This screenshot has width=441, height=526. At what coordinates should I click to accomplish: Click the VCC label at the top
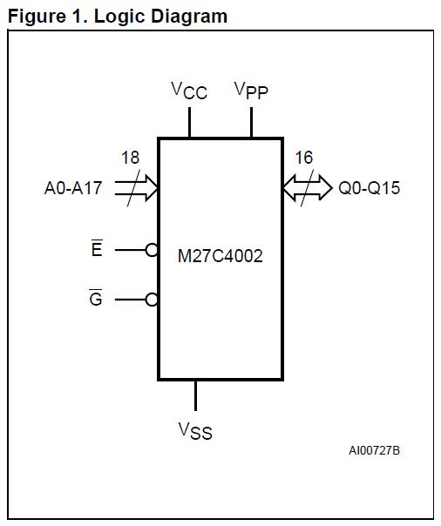tap(189, 91)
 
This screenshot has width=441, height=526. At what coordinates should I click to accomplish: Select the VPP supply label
tap(251, 91)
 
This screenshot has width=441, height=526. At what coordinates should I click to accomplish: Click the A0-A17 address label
tap(73, 187)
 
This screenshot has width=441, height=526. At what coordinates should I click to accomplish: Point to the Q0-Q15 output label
tap(370, 187)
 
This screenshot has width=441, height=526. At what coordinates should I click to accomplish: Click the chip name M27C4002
tap(220, 257)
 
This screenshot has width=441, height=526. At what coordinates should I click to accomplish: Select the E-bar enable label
tap(97, 250)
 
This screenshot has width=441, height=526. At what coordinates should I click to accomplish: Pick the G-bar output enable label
tap(96, 300)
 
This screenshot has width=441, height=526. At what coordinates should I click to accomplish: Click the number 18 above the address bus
tap(130, 158)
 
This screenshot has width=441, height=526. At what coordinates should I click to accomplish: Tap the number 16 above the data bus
tap(303, 158)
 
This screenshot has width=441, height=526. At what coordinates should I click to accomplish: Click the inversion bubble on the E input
tap(153, 250)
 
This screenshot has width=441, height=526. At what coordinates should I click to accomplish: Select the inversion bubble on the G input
tap(153, 300)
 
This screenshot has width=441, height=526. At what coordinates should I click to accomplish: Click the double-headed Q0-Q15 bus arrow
tap(307, 187)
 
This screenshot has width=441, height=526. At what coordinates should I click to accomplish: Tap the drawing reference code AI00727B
tap(375, 450)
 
